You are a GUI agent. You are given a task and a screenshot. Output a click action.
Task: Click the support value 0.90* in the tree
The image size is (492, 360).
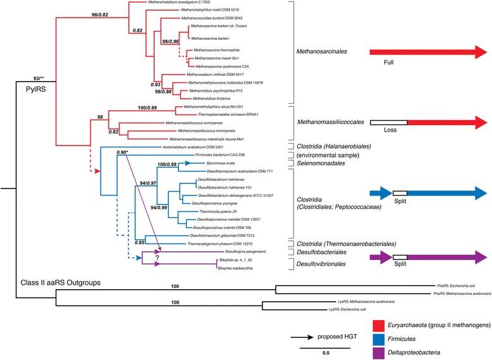[126, 152]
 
